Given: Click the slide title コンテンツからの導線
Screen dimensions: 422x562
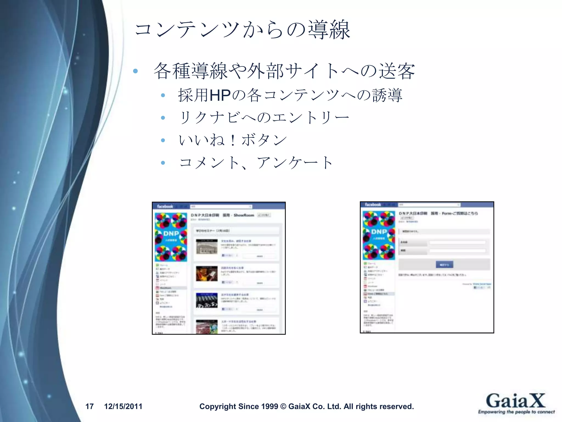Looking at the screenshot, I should click(243, 30).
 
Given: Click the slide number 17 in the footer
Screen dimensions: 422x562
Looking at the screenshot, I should click(89, 406).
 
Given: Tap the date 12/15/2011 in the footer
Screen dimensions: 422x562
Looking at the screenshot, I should click(123, 406).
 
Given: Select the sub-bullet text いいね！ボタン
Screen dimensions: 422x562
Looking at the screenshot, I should click(233, 140).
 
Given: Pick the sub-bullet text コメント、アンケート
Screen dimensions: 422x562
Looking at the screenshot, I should click(256, 162).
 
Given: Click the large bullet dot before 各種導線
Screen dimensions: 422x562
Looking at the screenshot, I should click(135, 71).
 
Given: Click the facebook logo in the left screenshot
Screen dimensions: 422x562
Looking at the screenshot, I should click(165, 206).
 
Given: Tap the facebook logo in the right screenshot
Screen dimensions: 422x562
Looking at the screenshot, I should click(373, 205).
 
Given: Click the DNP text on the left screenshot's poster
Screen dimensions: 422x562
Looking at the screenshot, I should click(171, 234).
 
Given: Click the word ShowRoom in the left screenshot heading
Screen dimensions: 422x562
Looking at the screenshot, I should click(244, 215).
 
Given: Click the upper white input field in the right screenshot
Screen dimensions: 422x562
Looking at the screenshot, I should click(457, 242).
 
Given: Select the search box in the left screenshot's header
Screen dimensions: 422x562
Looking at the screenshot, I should click(221, 206).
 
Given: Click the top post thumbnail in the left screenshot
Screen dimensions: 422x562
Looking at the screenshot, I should click(207, 247).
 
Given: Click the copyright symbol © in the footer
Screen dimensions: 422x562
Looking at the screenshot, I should click(283, 406).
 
